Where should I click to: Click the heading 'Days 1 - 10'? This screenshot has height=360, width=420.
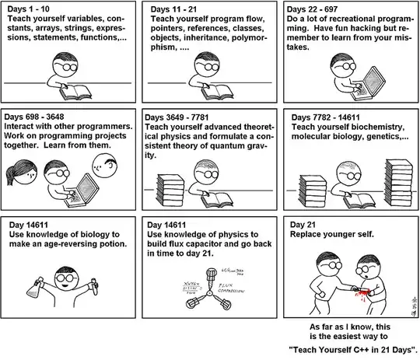coord(29,9)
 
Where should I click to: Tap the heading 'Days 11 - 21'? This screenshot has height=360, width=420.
coord(174,9)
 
